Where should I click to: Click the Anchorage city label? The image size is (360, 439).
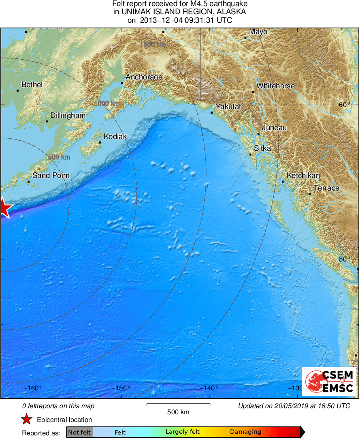tap(144, 77)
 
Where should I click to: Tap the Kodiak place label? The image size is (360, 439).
tap(115, 137)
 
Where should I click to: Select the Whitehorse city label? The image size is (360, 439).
tap(275, 86)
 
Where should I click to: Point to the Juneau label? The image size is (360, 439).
tap(274, 128)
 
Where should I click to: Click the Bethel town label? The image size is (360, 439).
tap(32, 85)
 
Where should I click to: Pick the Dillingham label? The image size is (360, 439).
tap(68, 116)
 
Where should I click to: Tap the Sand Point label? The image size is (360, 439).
tap(51, 176)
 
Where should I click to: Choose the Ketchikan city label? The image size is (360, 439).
tap(303, 176)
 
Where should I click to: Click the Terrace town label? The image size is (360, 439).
tap(326, 188)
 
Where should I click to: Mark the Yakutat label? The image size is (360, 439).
tap(228, 107)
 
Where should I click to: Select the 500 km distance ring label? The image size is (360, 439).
tap(59, 157)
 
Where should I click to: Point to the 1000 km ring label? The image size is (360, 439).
tap(107, 104)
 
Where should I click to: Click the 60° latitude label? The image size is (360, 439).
tap(344, 105)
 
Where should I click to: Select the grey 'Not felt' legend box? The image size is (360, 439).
tap(79, 432)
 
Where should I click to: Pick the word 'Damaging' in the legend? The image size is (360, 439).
tap(245, 432)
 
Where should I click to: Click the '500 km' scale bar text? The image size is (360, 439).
tap(178, 412)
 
